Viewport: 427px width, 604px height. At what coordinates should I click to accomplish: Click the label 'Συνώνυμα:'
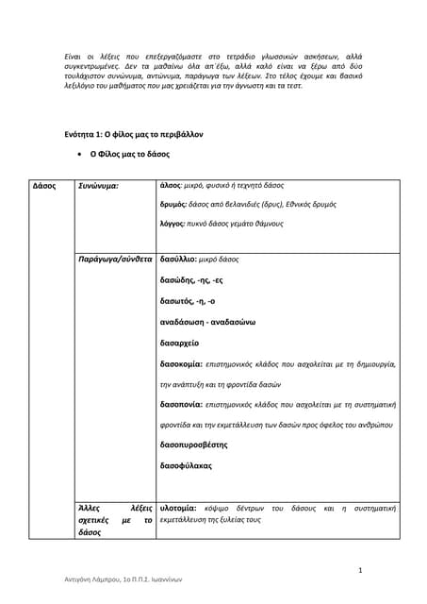click(x=98, y=186)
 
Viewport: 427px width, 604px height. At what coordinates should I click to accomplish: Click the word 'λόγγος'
click(x=175, y=224)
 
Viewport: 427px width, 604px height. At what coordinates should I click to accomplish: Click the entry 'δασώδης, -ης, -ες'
click(x=192, y=279)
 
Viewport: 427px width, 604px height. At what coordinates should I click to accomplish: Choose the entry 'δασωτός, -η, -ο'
click(x=189, y=301)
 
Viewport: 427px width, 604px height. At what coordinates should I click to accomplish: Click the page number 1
click(x=361, y=570)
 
